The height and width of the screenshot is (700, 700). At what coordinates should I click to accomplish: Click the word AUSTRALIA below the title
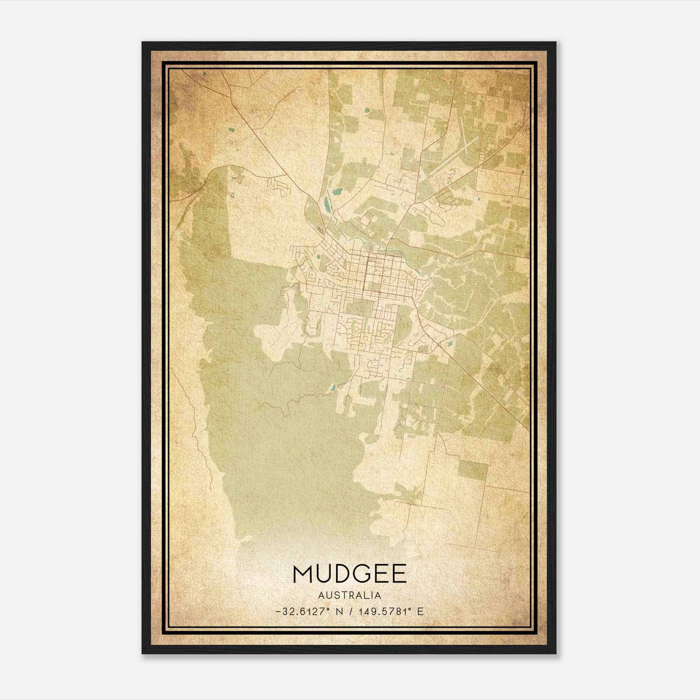pos(350,595)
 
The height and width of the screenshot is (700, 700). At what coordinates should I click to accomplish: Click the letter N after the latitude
pos(339,612)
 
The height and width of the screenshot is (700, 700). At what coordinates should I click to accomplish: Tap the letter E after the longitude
pos(420,612)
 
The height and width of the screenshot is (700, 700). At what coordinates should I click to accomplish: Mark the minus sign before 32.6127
pos(278,612)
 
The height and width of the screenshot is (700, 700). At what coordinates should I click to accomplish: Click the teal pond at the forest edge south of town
pos(332,388)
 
